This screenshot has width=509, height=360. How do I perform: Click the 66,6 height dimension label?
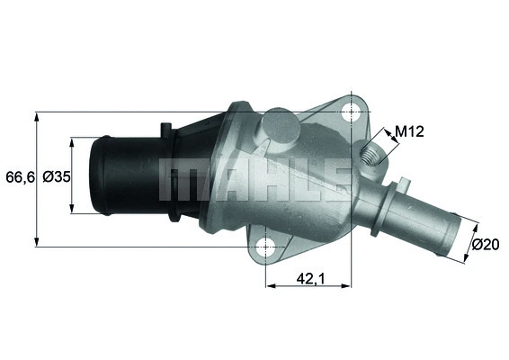click(17, 177)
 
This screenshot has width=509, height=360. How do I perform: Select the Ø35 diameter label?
click(56, 177)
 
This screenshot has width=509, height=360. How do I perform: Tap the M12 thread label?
click(409, 131)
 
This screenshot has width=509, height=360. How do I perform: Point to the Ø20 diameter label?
click(486, 244)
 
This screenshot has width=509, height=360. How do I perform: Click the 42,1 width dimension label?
click(308, 280)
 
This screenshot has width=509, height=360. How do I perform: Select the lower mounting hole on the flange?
click(265, 245)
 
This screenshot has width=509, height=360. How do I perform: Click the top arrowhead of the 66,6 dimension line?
click(37, 116)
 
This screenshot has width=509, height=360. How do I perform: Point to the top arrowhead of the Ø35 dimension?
click(72, 140)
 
